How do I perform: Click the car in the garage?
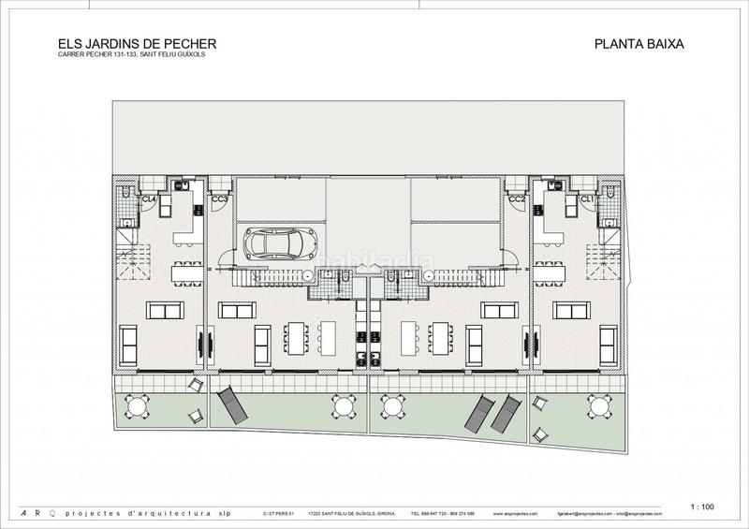click(273, 242)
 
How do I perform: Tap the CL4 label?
click(148, 199)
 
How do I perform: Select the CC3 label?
click(220, 199)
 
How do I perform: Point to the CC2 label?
click(516, 199)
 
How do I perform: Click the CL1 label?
click(588, 199)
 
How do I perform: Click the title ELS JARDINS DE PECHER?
click(125, 42)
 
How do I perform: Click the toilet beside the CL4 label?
click(125, 193)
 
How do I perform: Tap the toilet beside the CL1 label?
click(610, 193)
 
